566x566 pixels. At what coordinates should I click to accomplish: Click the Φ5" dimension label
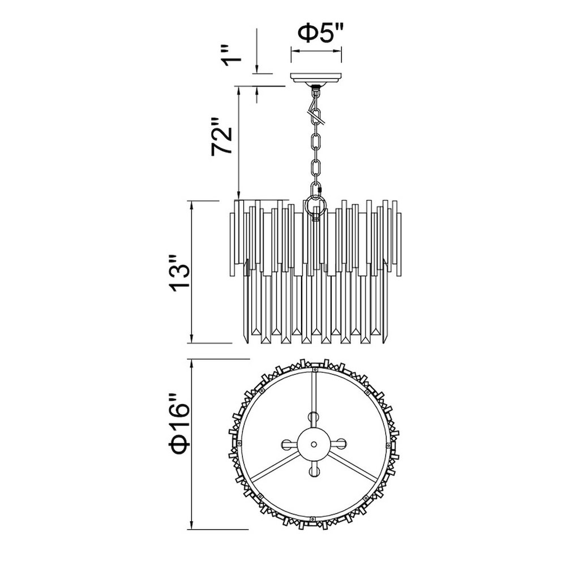tap(319, 33)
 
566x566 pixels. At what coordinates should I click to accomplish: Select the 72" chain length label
tap(222, 136)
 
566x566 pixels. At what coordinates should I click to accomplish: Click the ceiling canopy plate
tap(316, 78)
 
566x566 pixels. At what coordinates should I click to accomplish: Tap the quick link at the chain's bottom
tap(315, 190)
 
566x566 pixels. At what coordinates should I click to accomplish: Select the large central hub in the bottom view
tap(314, 444)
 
